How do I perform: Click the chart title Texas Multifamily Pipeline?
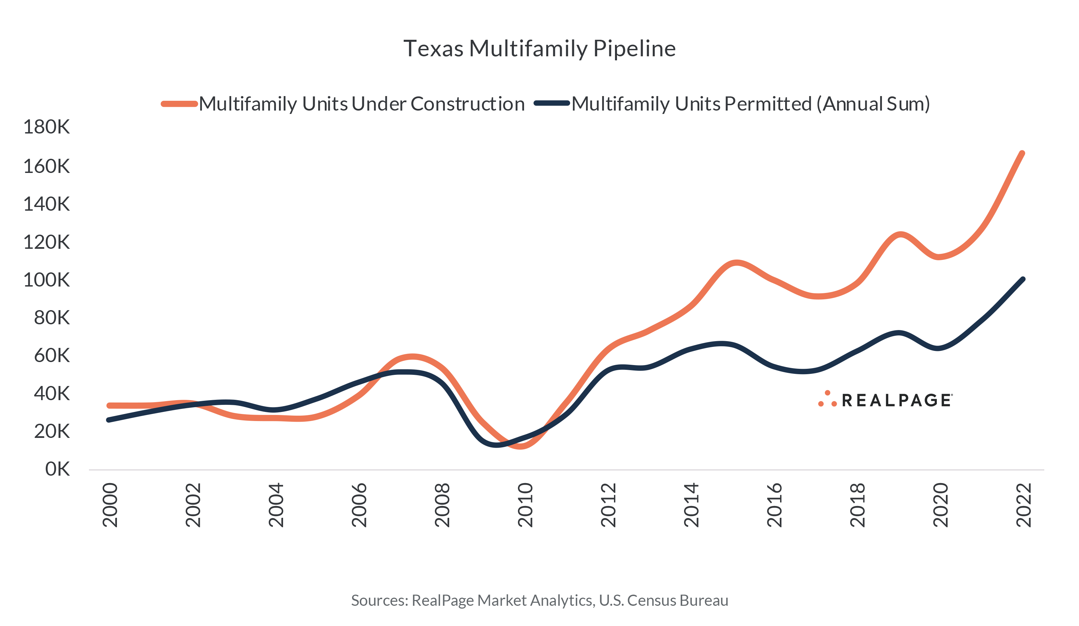[539, 49]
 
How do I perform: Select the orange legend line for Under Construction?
[179, 104]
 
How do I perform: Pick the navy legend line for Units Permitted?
[552, 103]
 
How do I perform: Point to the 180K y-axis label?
[46, 127]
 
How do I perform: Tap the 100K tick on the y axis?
[46, 280]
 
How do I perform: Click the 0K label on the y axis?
[57, 469]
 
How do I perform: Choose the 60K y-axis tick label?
[51, 356]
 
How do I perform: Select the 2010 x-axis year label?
[525, 505]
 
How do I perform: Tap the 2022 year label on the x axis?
[1024, 505]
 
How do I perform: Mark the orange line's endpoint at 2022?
[1022, 153]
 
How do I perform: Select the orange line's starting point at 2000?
[109, 405]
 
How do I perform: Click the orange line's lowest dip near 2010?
[521, 446]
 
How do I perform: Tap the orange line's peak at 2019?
[901, 234]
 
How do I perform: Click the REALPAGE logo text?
[897, 400]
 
